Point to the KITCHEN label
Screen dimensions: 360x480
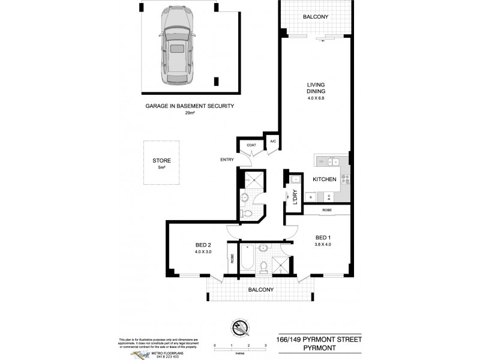point(325,179)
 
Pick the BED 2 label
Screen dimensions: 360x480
point(202,244)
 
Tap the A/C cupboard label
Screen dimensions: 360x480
point(272,142)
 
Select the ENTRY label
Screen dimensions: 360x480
point(226,159)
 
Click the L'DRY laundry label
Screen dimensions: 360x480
point(295,197)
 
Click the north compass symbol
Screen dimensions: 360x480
point(239,329)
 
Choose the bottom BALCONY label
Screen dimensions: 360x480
point(259,290)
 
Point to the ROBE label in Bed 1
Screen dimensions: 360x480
point(326,210)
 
